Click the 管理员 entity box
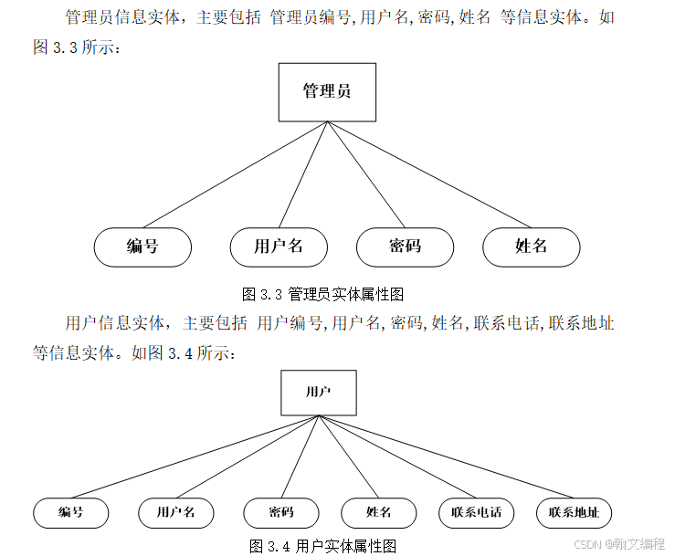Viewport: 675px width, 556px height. tap(327, 92)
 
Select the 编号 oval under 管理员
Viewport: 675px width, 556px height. tap(142, 247)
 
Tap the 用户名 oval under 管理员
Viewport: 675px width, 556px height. tap(279, 247)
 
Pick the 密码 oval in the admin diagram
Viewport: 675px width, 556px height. tap(405, 247)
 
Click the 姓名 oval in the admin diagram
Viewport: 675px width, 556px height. tap(532, 247)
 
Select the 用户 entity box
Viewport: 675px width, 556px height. tap(318, 393)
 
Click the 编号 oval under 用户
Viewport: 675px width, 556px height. tap(70, 513)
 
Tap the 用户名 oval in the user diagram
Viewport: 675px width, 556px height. tap(175, 513)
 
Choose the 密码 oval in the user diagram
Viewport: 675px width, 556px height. tap(281, 513)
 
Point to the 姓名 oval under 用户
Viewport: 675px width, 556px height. tap(379, 513)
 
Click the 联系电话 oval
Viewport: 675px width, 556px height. tap(476, 513)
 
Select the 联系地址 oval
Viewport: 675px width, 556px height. tap(574, 513)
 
